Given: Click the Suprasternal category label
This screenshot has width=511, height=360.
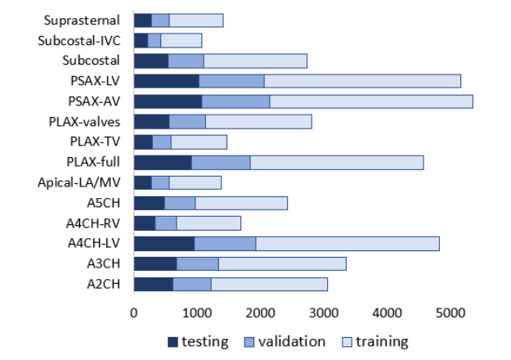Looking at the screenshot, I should (85, 20).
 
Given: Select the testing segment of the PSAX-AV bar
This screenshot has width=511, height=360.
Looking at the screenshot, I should (168, 101).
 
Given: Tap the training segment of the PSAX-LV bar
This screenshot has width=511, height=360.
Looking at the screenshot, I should (362, 81).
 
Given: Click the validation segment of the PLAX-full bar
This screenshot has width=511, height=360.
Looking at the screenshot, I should (221, 162).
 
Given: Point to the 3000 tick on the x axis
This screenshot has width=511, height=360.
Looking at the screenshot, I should (324, 312).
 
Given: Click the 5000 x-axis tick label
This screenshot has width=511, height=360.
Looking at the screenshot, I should (450, 312).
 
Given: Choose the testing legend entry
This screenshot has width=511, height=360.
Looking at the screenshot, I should (197, 341).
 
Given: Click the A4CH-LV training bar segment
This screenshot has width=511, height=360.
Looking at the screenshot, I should (347, 243).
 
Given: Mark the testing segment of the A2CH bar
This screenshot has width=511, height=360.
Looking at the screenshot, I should (153, 284).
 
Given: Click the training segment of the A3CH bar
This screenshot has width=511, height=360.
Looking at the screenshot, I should (282, 263).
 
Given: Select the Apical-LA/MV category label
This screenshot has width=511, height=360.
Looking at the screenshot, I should (80, 182).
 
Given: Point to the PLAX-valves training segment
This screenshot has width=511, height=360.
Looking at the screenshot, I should (258, 122).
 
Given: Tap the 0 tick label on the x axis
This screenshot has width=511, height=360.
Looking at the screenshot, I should (134, 312).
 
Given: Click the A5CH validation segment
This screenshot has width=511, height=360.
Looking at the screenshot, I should (180, 203).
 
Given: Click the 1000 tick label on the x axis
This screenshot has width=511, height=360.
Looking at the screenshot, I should (197, 312).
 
